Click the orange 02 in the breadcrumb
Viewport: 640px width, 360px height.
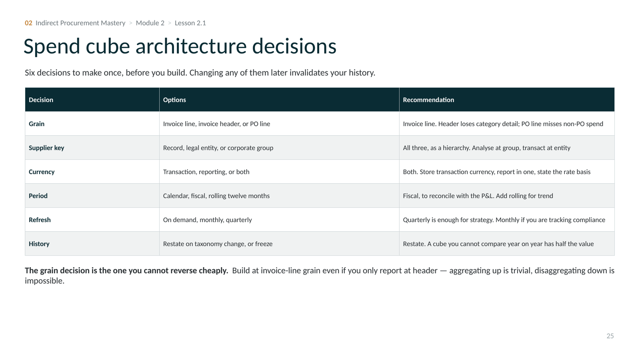28,23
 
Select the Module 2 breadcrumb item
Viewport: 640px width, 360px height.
150,23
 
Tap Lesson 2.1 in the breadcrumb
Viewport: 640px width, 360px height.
190,23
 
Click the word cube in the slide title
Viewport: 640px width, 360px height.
108,46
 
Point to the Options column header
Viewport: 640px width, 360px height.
174,100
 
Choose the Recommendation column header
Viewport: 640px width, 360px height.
428,100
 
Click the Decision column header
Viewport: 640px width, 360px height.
41,100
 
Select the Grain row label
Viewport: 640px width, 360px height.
36,124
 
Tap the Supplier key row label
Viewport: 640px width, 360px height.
46,148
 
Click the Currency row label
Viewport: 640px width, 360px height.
42,172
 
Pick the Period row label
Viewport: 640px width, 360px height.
38,196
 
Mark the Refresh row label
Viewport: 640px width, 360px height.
40,220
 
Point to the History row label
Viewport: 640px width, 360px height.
39,244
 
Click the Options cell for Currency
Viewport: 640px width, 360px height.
206,172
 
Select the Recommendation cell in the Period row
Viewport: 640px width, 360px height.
478,196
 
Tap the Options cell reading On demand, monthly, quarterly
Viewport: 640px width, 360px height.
207,220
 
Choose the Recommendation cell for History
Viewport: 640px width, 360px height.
498,244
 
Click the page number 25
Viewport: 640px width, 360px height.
610,336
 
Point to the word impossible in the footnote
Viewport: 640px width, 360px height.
44,280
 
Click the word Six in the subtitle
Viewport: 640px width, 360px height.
30,72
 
